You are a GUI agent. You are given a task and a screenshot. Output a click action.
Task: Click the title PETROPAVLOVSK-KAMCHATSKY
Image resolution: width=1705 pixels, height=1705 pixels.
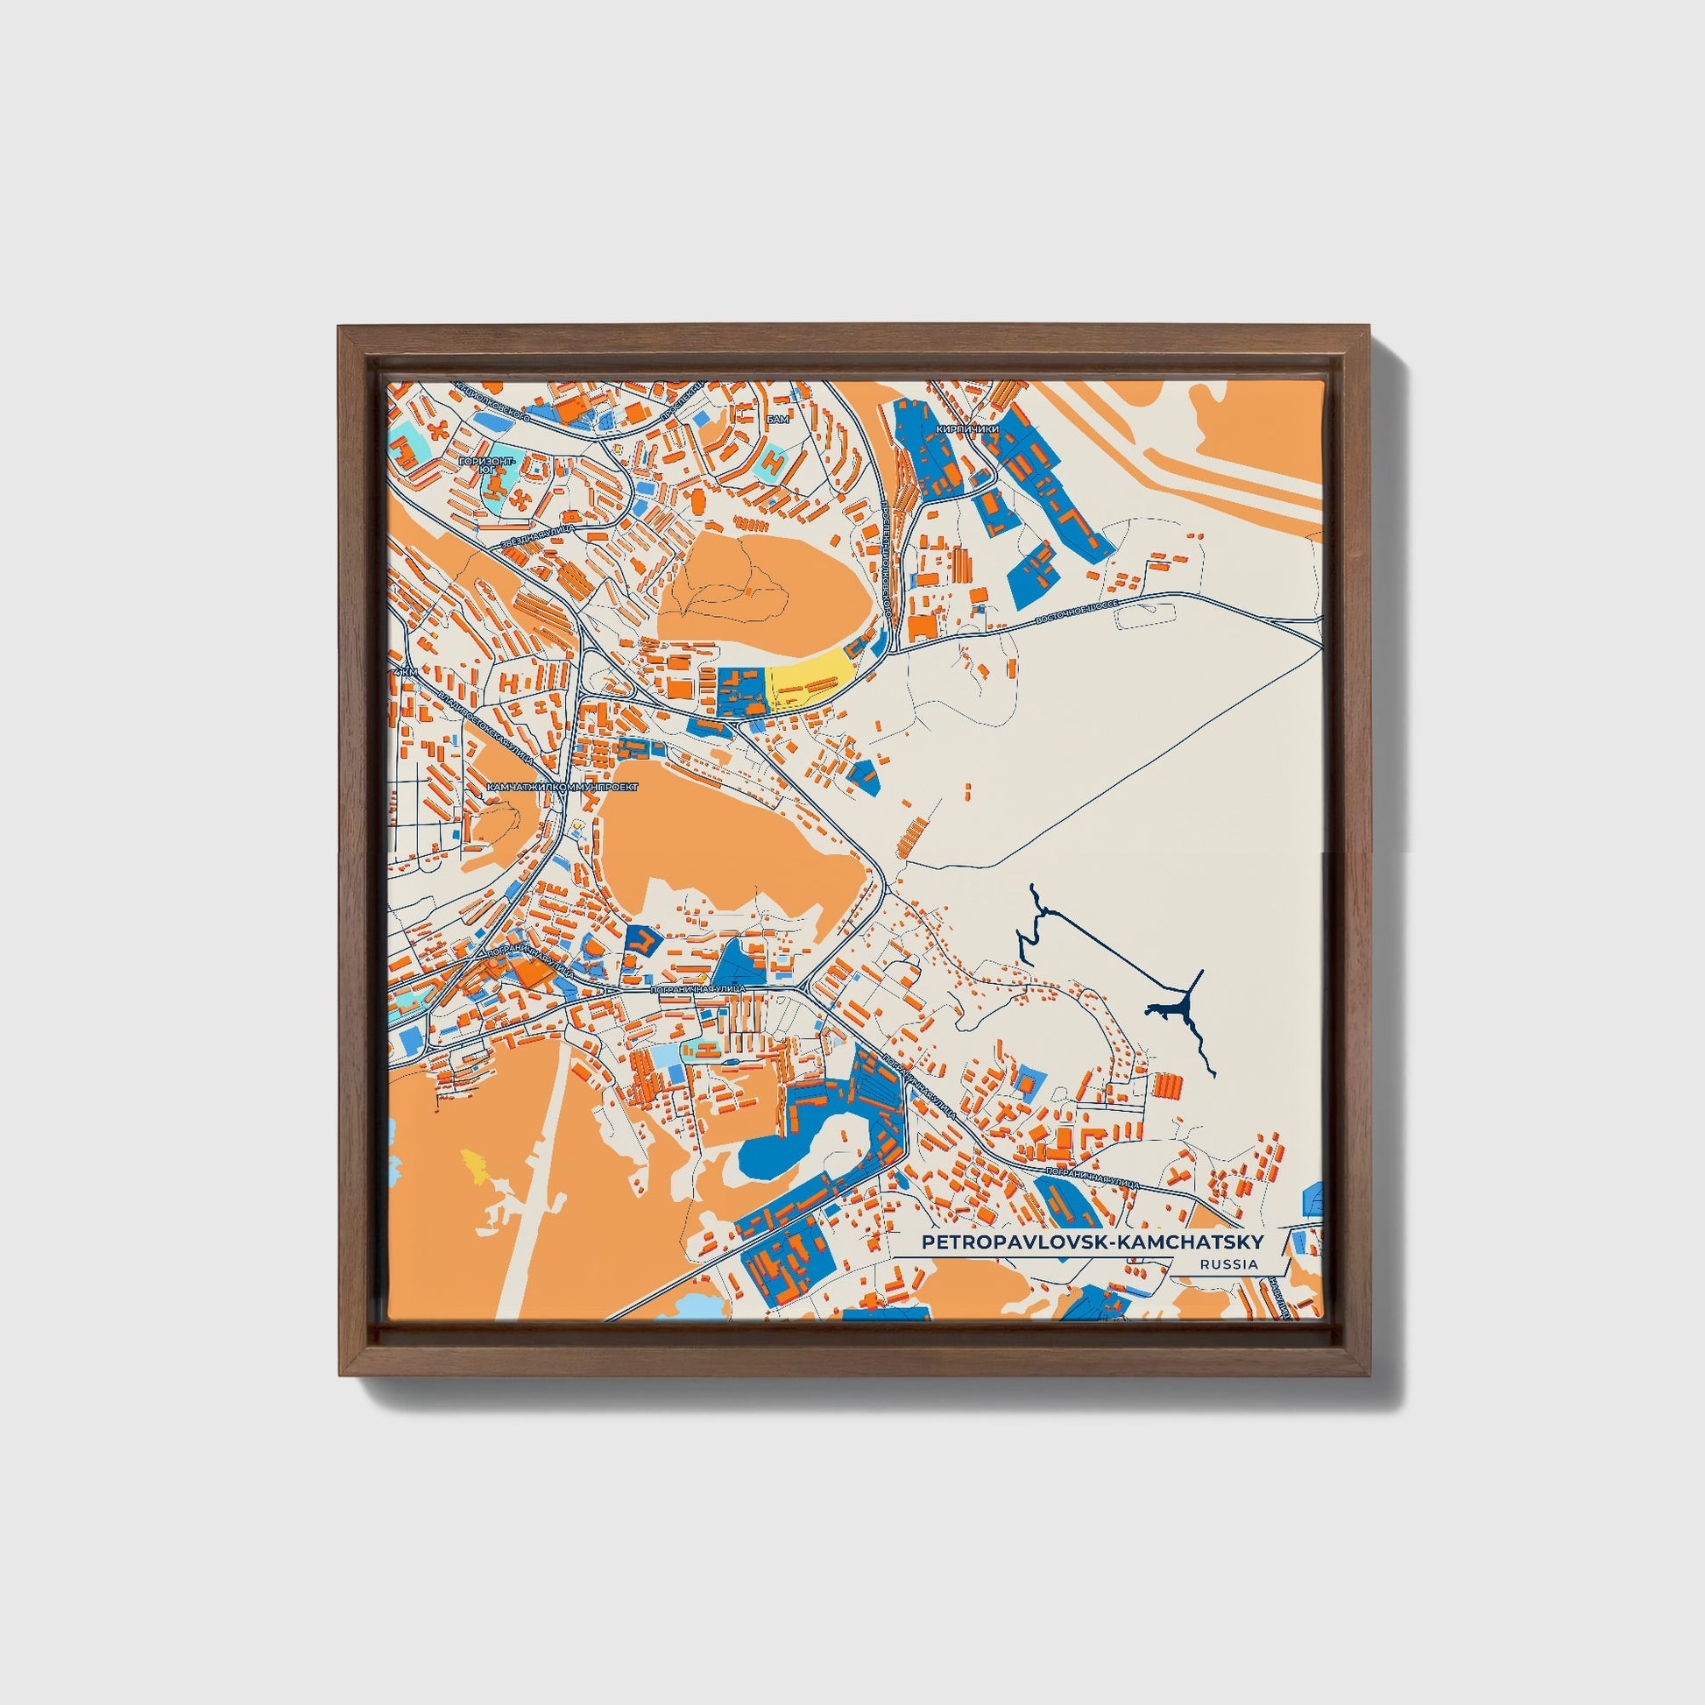click(1092, 1242)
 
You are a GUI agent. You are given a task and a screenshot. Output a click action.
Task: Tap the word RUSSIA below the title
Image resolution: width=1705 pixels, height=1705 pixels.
click(1228, 1263)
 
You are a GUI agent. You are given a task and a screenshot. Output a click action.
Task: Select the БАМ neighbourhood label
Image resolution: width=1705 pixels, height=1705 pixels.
click(777, 419)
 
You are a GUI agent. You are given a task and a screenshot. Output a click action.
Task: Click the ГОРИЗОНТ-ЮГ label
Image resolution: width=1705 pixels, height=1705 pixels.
click(486, 464)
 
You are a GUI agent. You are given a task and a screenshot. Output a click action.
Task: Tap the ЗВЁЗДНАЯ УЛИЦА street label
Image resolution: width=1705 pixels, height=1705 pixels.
click(537, 535)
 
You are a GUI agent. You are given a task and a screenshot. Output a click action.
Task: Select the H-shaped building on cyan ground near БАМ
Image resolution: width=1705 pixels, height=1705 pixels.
click(773, 459)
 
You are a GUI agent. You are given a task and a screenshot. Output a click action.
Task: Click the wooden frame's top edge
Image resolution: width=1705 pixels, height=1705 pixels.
click(852, 336)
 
